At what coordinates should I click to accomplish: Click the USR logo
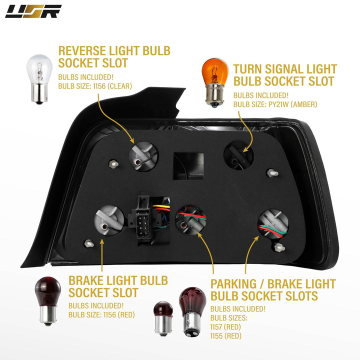click(33, 11)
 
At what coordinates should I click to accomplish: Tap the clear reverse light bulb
click(39, 79)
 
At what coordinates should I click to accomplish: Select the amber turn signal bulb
click(215, 82)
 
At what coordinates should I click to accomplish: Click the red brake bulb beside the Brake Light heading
click(48, 301)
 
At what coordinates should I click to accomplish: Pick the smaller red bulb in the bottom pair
click(163, 318)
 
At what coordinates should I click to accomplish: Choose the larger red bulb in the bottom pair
click(192, 311)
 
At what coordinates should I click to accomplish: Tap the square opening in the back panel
click(188, 166)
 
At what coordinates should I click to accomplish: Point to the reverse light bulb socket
click(143, 156)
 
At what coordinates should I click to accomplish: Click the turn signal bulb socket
click(238, 156)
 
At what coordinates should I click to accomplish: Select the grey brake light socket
click(109, 220)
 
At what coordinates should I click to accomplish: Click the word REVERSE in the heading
click(82, 50)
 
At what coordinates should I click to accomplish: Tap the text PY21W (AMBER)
click(292, 104)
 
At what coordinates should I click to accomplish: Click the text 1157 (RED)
click(225, 327)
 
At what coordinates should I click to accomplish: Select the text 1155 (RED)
click(225, 336)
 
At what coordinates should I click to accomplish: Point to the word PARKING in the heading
click(233, 284)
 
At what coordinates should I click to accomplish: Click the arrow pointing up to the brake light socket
click(102, 255)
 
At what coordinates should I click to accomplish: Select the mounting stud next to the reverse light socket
click(113, 164)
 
